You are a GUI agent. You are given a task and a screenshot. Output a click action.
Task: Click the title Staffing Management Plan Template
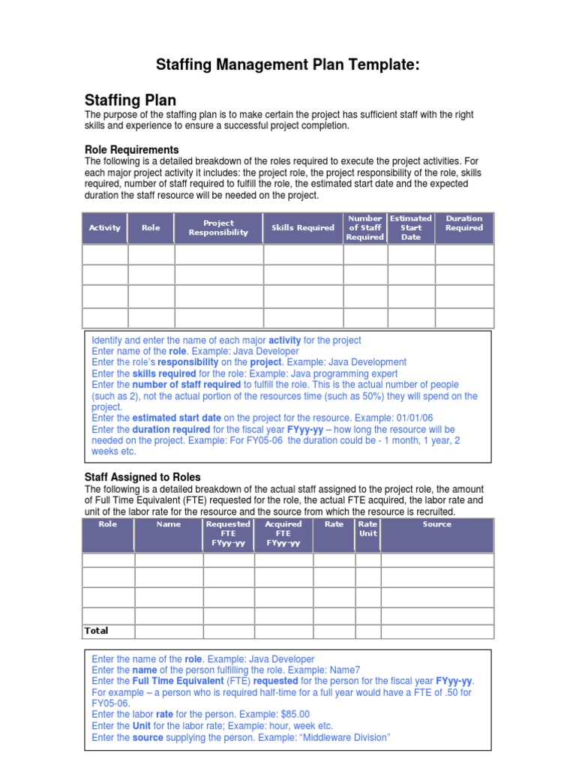click(x=287, y=65)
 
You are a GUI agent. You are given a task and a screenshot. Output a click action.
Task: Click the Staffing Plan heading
click(x=130, y=100)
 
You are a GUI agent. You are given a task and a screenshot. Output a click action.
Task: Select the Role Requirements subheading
click(x=131, y=149)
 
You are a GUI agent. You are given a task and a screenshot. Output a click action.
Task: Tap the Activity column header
click(x=104, y=228)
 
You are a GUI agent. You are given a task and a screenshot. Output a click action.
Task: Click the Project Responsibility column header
click(x=218, y=228)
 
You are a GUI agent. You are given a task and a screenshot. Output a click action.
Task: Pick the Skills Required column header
click(x=303, y=228)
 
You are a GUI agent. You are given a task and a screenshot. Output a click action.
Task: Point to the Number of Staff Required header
click(x=365, y=228)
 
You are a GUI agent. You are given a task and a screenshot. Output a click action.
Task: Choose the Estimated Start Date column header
click(x=411, y=228)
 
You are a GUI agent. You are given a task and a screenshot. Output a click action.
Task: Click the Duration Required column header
click(x=464, y=223)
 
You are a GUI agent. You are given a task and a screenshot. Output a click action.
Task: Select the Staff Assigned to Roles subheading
click(x=142, y=477)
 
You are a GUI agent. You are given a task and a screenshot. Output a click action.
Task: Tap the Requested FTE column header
click(x=228, y=533)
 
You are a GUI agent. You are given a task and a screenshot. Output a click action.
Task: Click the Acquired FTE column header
click(x=283, y=533)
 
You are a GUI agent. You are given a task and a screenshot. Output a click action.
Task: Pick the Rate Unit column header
click(x=367, y=529)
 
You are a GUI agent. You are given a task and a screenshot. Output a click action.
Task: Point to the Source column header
click(x=436, y=524)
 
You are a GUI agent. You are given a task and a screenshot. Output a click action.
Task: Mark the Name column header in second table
click(x=169, y=524)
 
